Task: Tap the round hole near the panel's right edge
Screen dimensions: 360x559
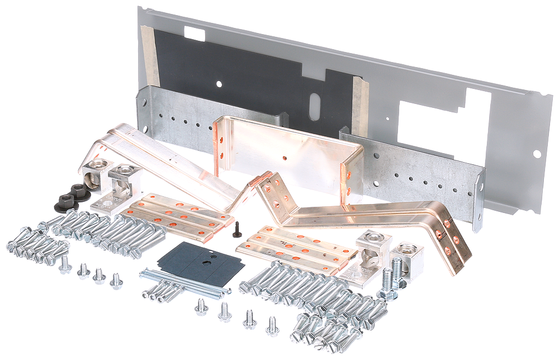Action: tap(537, 153)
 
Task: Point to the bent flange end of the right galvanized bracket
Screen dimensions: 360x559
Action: tap(479, 198)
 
